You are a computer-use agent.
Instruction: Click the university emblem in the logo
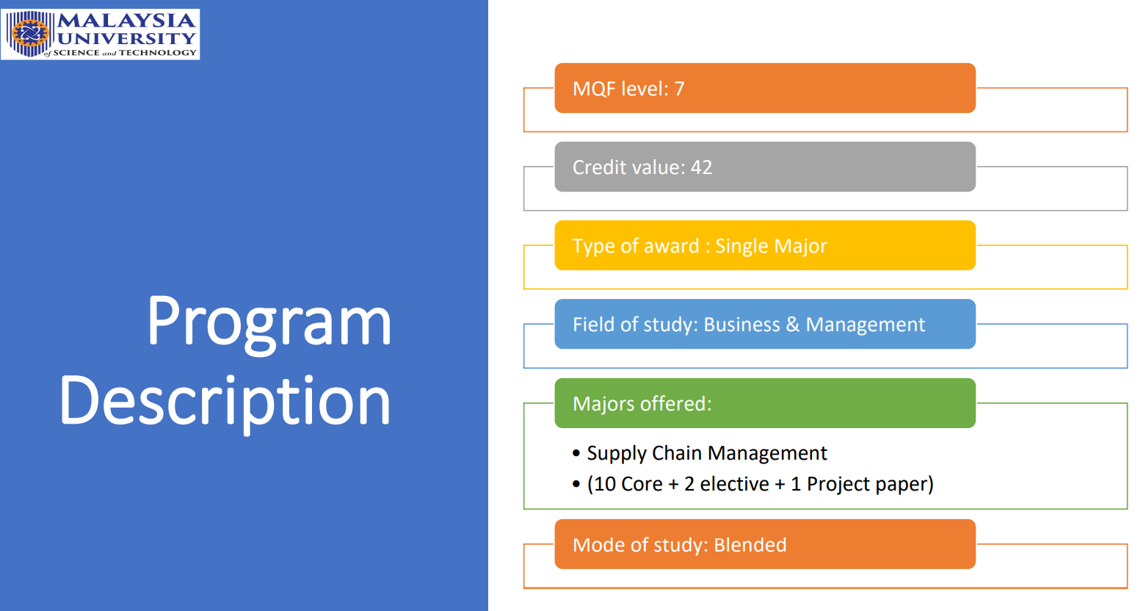pyautogui.click(x=30, y=34)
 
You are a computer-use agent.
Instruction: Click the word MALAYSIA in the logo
pyautogui.click(x=126, y=21)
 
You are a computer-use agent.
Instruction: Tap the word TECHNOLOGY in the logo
pyautogui.click(x=158, y=52)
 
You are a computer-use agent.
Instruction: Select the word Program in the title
pyautogui.click(x=269, y=323)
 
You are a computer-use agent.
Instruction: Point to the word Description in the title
pyautogui.click(x=225, y=402)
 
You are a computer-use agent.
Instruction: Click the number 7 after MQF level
pyautogui.click(x=679, y=89)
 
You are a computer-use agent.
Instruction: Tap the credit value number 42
pyautogui.click(x=701, y=168)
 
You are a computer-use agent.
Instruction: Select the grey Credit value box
pyautogui.click(x=765, y=167)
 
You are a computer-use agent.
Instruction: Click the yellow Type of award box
pyautogui.click(x=765, y=245)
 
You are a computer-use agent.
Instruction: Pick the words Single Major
pyautogui.click(x=770, y=247)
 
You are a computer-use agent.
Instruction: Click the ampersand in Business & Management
pyautogui.click(x=792, y=325)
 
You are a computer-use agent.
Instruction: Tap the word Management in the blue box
pyautogui.click(x=865, y=325)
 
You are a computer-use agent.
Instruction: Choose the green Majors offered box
pyautogui.click(x=765, y=403)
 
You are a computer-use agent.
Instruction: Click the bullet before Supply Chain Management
pyautogui.click(x=576, y=453)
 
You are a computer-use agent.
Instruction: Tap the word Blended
pyautogui.click(x=750, y=545)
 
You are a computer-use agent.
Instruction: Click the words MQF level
pyautogui.click(x=620, y=89)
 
